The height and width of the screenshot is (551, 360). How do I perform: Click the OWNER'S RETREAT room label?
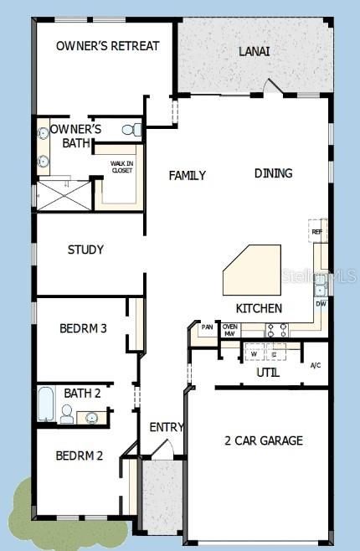(107, 46)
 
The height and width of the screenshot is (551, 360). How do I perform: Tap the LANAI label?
(255, 51)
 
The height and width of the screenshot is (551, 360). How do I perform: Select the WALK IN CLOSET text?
(122, 167)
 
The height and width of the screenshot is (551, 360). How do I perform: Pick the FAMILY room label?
(187, 176)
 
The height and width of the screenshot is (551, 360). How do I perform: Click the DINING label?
(273, 173)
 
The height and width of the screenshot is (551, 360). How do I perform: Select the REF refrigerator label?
(316, 232)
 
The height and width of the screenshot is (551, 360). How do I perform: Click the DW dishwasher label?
(321, 304)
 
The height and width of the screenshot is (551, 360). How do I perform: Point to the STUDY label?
(85, 250)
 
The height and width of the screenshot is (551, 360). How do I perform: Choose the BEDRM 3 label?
(83, 329)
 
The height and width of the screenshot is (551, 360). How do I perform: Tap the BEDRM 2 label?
(80, 456)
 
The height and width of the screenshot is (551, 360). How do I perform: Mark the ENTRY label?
(166, 427)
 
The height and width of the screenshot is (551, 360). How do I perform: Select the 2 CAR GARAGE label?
(264, 440)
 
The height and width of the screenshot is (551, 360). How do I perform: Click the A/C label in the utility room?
(316, 365)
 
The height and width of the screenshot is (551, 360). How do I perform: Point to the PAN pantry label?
(207, 327)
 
